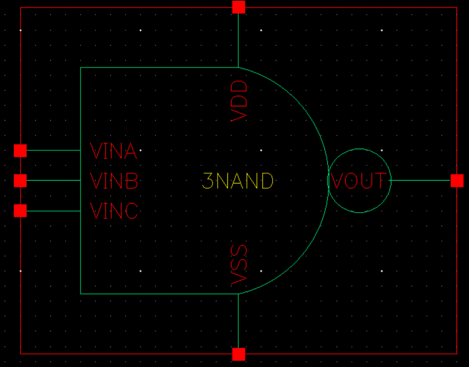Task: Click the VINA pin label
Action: (114, 151)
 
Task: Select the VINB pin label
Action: (114, 181)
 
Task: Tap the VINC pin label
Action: (114, 211)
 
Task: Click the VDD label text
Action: (240, 101)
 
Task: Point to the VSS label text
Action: (239, 265)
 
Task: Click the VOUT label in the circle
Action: (359, 181)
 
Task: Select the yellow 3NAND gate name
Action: (238, 181)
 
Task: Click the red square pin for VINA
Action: (20, 150)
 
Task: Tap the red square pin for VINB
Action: (20, 181)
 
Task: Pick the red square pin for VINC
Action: (20, 211)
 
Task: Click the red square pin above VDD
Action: (238, 7)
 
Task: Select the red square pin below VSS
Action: (238, 354)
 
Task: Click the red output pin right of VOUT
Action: (457, 181)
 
